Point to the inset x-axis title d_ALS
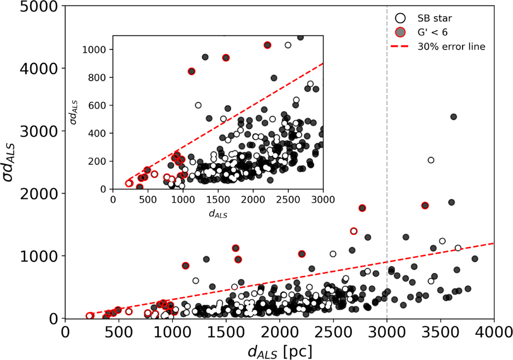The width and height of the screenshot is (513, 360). pos(218,214)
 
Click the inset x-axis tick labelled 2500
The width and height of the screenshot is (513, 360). pos(288,200)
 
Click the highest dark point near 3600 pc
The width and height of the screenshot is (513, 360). pos(454,117)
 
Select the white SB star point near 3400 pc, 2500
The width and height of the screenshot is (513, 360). pos(431,160)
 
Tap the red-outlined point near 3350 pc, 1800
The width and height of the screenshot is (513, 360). pos(425,205)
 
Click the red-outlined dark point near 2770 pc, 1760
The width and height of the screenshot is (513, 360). pos(363,208)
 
